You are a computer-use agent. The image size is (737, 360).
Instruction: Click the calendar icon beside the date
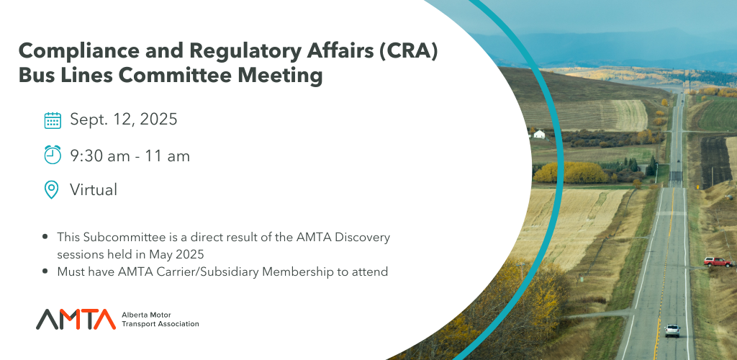pos(53,120)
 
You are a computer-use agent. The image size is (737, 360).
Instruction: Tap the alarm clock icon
pos(53,155)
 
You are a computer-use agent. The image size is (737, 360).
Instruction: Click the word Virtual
pos(94,190)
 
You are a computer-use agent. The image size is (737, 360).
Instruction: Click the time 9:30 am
pos(99,156)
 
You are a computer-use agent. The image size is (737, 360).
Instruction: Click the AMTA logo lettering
pos(76,319)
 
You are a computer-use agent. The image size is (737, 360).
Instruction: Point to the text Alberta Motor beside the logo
pos(146,315)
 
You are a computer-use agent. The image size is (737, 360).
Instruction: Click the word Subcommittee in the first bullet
pos(121,237)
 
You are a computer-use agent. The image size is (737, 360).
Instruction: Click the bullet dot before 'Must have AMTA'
pos(45,271)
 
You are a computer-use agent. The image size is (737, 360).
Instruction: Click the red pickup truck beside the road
pos(718,262)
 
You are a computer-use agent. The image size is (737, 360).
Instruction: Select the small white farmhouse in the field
pos(539,135)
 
